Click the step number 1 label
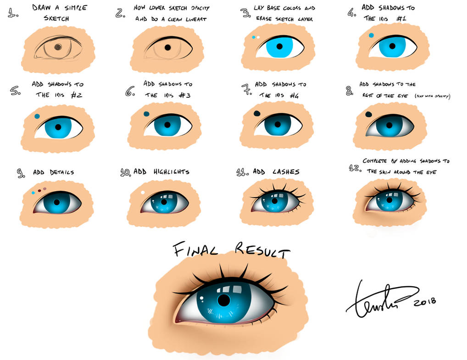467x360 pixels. point(13,13)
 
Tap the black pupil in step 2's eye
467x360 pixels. point(167,47)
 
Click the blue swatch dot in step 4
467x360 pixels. point(371,35)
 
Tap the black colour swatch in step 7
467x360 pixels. point(257,113)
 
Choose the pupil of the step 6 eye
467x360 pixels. point(167,125)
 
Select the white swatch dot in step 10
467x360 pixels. point(143,193)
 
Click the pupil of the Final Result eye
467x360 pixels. point(223,300)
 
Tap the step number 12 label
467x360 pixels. point(354,168)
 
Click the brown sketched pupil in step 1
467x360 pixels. point(58,47)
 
